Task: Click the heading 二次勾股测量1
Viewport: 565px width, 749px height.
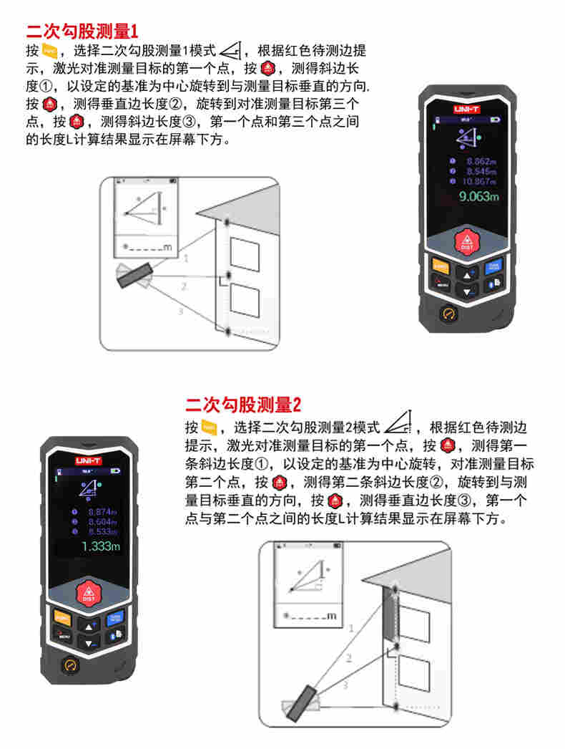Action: tap(81, 32)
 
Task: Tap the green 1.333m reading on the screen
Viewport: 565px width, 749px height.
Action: tap(101, 546)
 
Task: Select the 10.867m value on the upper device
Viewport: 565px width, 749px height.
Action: tap(480, 181)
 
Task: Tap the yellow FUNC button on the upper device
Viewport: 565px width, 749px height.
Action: tap(441, 266)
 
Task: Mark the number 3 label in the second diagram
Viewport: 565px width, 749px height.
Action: tap(345, 686)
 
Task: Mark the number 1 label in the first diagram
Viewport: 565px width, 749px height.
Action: tap(187, 258)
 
